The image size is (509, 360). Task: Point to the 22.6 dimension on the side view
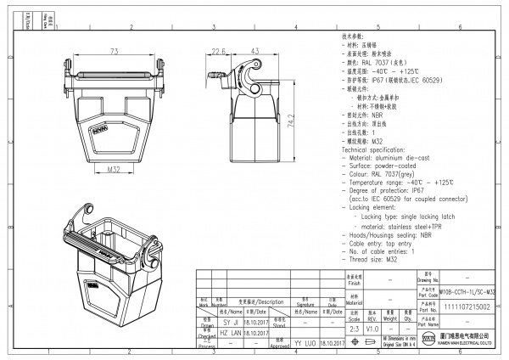pyautogui.click(x=217, y=52)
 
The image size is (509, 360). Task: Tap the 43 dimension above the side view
pyautogui.click(x=254, y=52)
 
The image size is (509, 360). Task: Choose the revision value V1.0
pyautogui.click(x=374, y=327)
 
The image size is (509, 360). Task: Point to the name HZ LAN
pyautogui.click(x=231, y=335)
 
